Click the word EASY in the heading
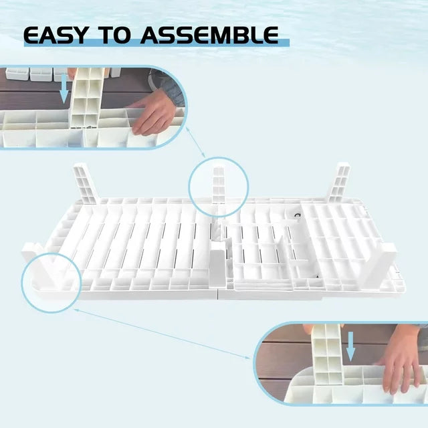point(55,35)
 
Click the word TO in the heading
point(114,35)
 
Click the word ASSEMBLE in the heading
point(209,35)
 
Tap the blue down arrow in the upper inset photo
point(64,89)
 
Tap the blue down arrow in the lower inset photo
point(350,346)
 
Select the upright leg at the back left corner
point(86,183)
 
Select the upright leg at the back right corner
point(339,183)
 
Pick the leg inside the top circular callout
point(219,185)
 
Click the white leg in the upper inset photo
point(87,98)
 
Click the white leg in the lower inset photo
point(327,354)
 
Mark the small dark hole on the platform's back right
point(298,216)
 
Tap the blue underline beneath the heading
point(156,43)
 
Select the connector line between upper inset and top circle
point(195,142)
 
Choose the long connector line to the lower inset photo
point(162,334)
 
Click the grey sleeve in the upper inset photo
point(166,86)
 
